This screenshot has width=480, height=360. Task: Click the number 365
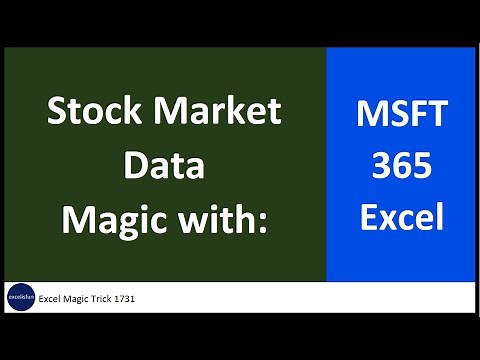401,164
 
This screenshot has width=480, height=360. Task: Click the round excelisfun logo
19,297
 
